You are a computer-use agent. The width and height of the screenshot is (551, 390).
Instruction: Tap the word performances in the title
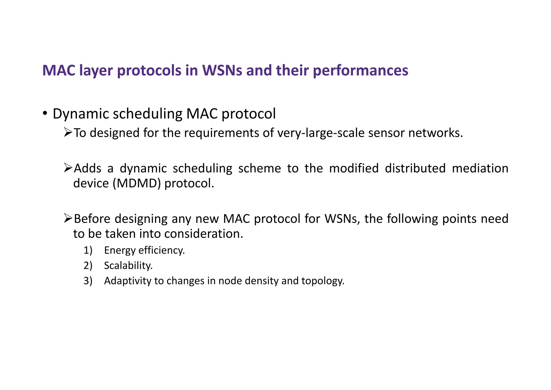click(x=361, y=70)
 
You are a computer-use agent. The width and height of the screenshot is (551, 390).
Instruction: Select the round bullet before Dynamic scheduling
click(x=45, y=113)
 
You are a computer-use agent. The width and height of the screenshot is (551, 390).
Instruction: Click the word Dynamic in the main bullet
click(x=81, y=114)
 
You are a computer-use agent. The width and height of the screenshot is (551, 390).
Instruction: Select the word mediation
click(x=480, y=168)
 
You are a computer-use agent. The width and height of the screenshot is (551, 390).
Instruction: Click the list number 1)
click(x=88, y=250)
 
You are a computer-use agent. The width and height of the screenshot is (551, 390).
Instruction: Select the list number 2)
click(x=88, y=265)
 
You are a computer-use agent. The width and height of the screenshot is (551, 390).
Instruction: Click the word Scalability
click(x=128, y=265)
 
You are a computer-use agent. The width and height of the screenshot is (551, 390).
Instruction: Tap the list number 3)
click(x=88, y=281)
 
